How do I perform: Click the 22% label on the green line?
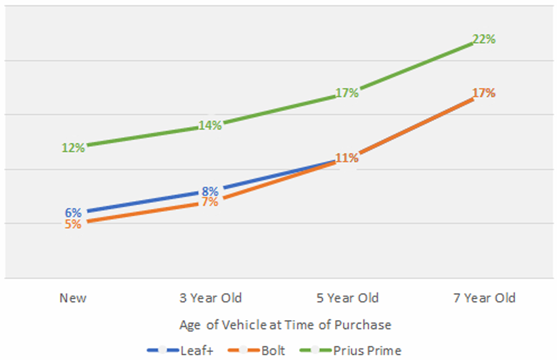483,39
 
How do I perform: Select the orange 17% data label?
483,93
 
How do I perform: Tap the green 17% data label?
347,93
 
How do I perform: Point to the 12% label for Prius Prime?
73,147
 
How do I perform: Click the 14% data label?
210,125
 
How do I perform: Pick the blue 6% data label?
73,212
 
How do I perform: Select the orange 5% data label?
73,224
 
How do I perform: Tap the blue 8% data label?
210,191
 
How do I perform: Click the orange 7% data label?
210,202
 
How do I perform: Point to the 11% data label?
347,158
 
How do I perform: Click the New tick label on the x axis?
73,298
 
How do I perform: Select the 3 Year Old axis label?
210,298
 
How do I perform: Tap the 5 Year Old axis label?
347,298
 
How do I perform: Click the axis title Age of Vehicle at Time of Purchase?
285,325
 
